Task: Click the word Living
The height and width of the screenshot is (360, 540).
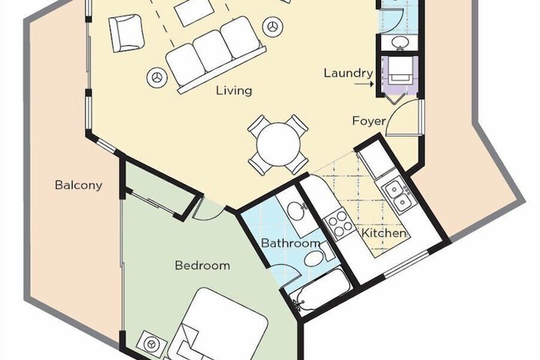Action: pos(233,91)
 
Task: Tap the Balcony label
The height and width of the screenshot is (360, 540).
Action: pos(78,185)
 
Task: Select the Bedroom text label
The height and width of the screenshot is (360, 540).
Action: pos(202,265)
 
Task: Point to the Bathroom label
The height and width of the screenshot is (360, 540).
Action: pos(291,243)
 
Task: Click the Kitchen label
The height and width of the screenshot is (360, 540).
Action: pos(384,233)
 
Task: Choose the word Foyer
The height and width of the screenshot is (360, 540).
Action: pos(369,121)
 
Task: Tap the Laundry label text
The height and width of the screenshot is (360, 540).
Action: pos(348,73)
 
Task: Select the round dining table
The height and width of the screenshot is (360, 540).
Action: pos(278,142)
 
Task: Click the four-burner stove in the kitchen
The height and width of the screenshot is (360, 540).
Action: pos(339,220)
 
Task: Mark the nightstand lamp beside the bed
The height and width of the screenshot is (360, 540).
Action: pos(153,344)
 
